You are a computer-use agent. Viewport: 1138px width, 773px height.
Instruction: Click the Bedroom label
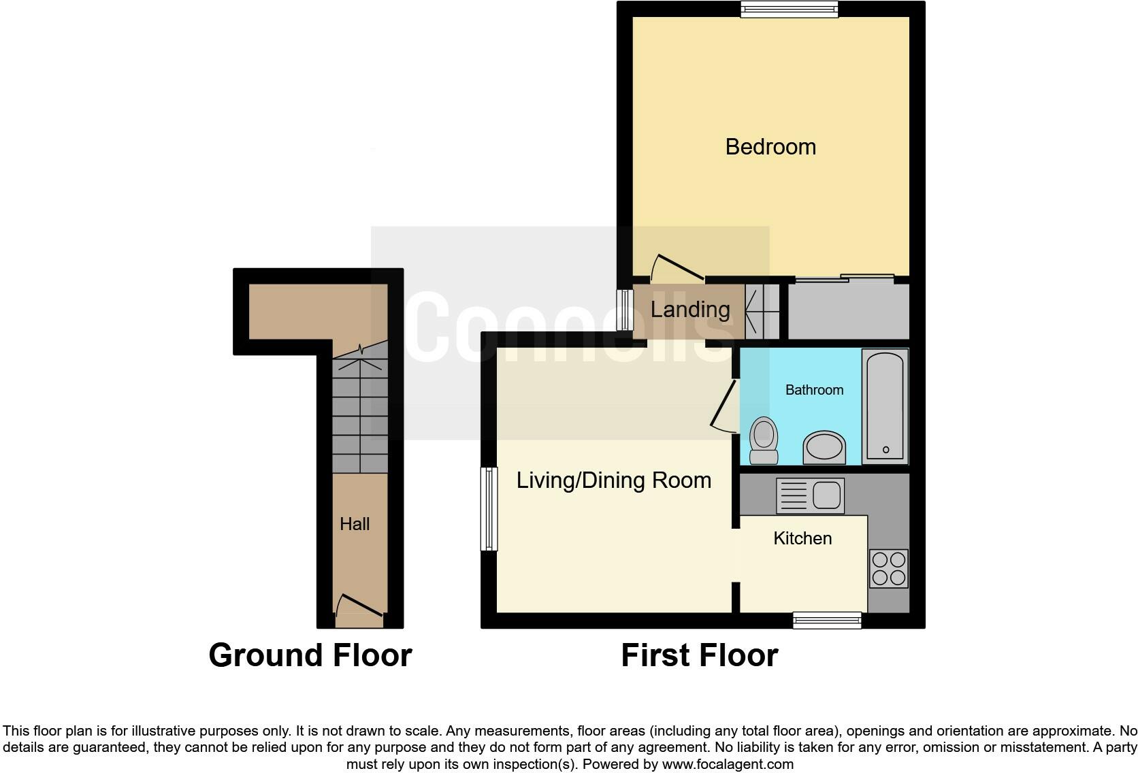(770, 147)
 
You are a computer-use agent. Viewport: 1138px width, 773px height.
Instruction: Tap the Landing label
(690, 310)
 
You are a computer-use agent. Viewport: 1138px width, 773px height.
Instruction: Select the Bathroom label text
(814, 389)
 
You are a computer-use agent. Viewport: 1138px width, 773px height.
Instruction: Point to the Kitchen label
(802, 538)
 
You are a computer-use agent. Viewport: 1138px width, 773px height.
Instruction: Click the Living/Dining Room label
(613, 480)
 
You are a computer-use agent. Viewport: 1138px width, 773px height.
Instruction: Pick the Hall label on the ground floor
(355, 524)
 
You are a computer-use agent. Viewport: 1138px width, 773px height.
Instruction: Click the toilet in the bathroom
(764, 440)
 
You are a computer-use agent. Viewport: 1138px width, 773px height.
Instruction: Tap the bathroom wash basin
(824, 448)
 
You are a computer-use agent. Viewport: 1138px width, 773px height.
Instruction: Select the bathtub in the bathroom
(885, 406)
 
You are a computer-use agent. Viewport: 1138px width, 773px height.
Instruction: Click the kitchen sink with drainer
(811, 495)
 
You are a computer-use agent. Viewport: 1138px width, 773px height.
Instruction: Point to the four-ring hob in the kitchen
(889, 569)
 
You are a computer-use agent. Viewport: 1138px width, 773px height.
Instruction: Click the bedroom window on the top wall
(789, 9)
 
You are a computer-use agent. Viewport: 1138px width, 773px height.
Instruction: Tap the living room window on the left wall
(489, 509)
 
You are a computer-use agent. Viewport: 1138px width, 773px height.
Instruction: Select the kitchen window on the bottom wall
(827, 621)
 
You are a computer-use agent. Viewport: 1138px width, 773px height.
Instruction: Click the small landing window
(625, 310)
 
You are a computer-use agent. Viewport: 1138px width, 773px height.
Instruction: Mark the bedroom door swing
(677, 267)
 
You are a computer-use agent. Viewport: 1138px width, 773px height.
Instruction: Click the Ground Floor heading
(310, 655)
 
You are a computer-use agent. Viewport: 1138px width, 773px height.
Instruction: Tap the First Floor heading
(700, 655)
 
